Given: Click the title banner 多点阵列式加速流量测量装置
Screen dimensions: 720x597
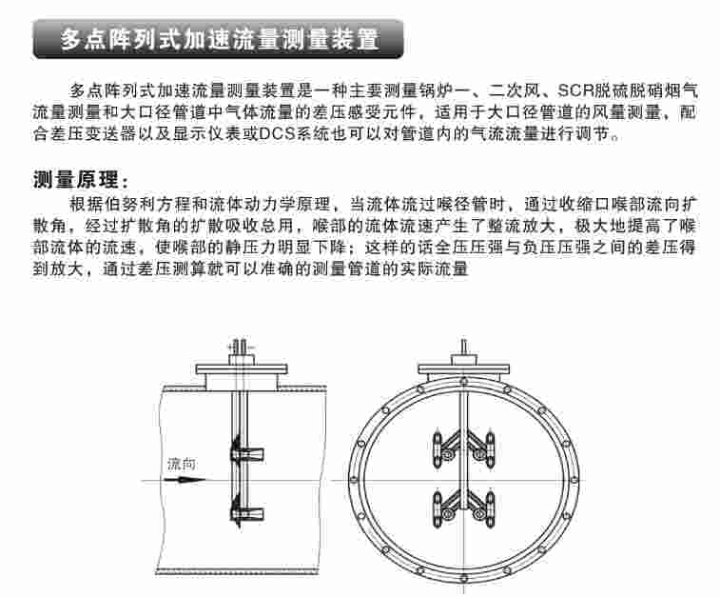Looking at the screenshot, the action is (219, 39).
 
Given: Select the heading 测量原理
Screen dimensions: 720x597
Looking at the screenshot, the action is (81, 179).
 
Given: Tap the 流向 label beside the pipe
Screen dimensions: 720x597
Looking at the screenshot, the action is (182, 465).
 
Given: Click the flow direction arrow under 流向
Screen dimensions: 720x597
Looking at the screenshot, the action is (185, 480).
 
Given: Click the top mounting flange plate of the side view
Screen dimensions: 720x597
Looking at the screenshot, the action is (242, 369).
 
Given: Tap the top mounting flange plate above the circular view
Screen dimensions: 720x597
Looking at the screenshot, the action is (463, 369).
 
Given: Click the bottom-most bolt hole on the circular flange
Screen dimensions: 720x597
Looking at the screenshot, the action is (464, 578).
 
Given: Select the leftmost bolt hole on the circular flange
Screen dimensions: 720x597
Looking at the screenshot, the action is (354, 480).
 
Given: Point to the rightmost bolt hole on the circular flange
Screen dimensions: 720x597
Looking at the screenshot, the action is (574, 480).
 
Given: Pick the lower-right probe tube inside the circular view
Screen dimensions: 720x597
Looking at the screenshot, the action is (490, 509).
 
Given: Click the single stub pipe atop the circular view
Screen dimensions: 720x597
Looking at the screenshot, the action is (464, 347).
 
